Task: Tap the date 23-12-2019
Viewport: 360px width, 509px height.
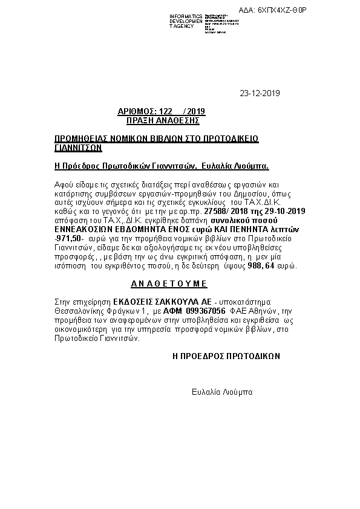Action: point(260,93)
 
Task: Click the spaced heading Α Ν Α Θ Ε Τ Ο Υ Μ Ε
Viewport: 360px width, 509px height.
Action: point(169,283)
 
